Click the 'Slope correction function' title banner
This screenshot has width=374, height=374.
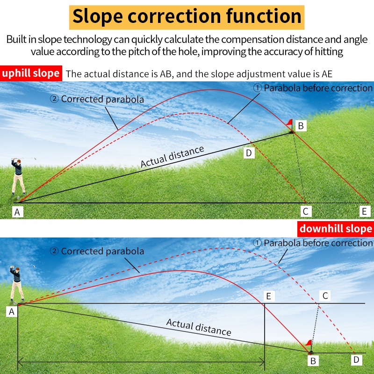[187, 17]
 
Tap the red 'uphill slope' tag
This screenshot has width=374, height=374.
[31, 73]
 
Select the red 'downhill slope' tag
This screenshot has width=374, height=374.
[336, 229]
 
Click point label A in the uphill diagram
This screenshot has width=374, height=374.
[17, 212]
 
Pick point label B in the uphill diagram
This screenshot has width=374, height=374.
[301, 125]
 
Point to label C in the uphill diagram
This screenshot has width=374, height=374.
[306, 211]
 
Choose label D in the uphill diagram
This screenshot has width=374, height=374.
[249, 153]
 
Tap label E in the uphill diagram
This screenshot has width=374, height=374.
[365, 211]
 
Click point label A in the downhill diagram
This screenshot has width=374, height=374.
[12, 311]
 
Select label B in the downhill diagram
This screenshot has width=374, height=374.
[313, 360]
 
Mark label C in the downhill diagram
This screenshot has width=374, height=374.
[325, 296]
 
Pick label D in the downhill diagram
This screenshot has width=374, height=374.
[356, 360]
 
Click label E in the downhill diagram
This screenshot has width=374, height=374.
[269, 296]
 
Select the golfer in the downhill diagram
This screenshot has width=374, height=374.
[16, 284]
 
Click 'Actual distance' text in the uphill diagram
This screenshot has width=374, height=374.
[172, 157]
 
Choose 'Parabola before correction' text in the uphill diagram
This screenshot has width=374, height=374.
[313, 88]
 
